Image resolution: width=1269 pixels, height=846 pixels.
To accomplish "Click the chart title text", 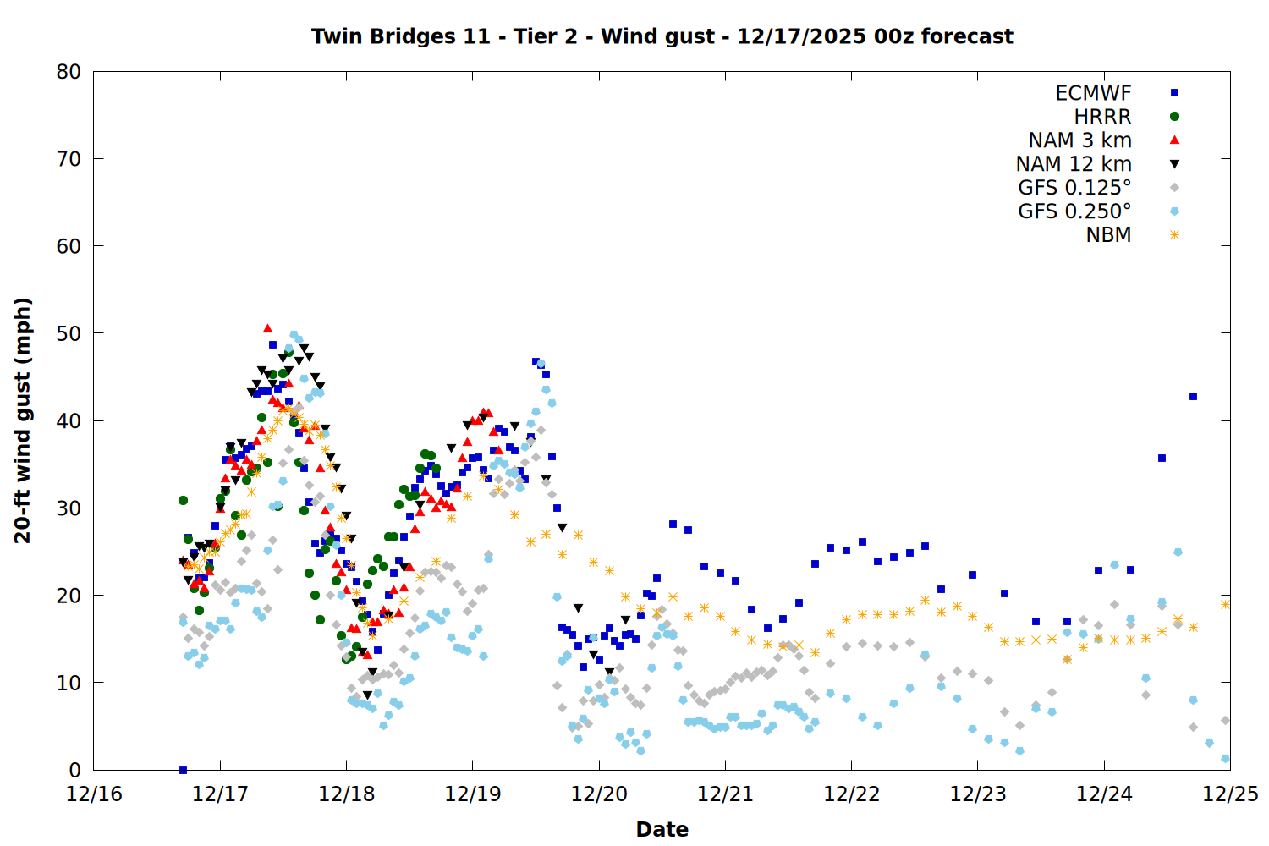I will tap(662, 36).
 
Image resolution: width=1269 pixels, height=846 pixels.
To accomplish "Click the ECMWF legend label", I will tap(1093, 93).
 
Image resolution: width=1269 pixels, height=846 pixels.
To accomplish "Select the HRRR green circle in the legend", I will tap(1174, 117).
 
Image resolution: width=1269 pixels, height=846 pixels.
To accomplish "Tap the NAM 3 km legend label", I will tap(1079, 140).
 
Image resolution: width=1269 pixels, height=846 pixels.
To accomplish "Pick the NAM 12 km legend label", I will tap(1074, 164).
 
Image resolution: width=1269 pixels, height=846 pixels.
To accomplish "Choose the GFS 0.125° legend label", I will tap(1074, 188).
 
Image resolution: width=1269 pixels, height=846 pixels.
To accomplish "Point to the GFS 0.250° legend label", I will tap(1074, 211).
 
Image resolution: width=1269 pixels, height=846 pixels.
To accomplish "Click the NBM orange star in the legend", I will tap(1174, 235).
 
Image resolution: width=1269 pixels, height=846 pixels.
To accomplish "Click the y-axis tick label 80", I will tap(69, 72).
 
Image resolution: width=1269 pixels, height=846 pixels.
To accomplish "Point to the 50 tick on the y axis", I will tap(69, 333).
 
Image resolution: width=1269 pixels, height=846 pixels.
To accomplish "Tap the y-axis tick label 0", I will tap(75, 770).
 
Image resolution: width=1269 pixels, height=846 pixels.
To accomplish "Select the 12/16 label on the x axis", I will tap(94, 794).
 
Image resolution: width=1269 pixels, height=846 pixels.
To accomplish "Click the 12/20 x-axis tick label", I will tap(599, 794).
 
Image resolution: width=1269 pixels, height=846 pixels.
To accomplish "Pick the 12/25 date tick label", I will tap(1230, 794).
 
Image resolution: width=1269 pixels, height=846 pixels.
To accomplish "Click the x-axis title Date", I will tap(662, 829).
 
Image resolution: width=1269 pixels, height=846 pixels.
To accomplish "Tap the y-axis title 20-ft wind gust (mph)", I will tap(23, 420).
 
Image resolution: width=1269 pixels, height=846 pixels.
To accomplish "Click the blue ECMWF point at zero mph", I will tap(183, 770).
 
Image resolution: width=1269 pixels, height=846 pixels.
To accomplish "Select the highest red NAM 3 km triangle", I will tap(267, 328).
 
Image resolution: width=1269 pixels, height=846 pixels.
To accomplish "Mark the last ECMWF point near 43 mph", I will tap(1193, 396).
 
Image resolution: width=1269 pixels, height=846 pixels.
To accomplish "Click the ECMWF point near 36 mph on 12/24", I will tap(1162, 458).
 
